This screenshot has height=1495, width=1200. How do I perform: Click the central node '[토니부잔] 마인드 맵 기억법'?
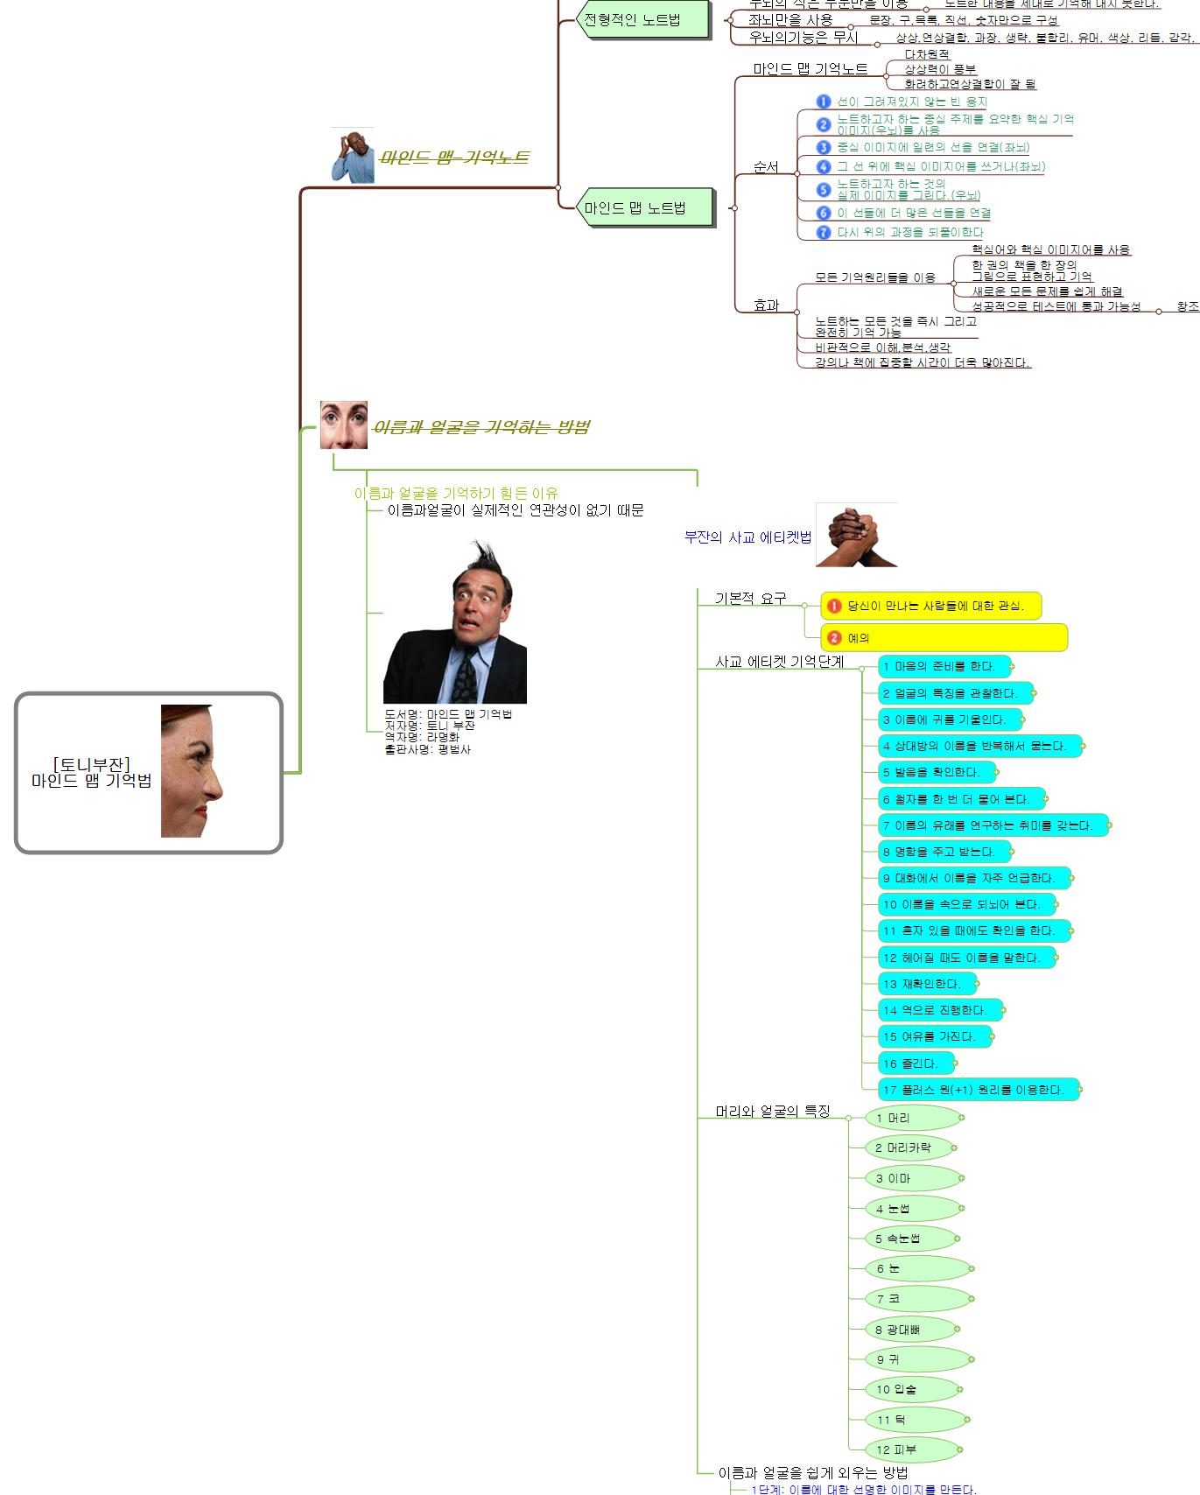[149, 773]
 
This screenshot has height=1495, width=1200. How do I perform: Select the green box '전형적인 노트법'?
[639, 19]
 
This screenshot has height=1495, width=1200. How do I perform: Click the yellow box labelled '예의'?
[944, 638]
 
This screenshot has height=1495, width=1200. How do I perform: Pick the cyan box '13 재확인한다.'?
[927, 984]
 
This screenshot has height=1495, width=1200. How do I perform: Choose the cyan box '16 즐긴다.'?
[916, 1063]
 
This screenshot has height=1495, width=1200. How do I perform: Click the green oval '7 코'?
[917, 1299]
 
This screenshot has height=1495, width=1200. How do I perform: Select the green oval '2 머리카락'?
[909, 1148]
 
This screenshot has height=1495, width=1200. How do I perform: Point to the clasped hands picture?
[856, 535]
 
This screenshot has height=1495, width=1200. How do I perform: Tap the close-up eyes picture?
[344, 425]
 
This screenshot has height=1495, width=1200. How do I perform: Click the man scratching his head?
[353, 156]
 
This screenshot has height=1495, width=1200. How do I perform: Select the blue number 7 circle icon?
[823, 232]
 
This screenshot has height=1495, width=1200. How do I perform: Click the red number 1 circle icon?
[834, 606]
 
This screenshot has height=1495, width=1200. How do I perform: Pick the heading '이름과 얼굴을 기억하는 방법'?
[481, 427]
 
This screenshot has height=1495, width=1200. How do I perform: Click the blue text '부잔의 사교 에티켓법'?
[747, 537]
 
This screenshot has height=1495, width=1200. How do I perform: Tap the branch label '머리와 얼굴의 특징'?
[772, 1111]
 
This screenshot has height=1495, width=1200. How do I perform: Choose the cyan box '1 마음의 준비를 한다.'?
[944, 666]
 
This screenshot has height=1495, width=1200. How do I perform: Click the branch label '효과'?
[766, 305]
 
